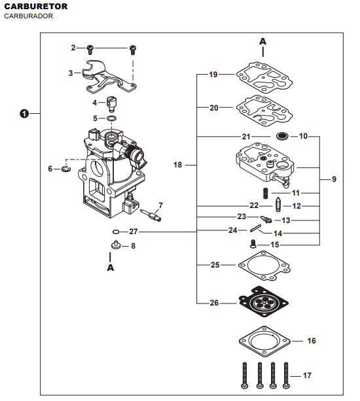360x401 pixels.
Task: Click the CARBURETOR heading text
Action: click(36, 7)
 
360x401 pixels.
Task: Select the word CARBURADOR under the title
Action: click(29, 16)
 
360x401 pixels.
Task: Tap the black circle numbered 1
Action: click(24, 114)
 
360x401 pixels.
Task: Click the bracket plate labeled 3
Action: click(109, 77)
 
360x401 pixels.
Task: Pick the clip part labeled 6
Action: click(66, 169)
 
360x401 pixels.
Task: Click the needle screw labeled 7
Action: click(151, 215)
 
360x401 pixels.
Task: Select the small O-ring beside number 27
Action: click(116, 232)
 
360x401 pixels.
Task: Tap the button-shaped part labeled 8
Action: click(116, 245)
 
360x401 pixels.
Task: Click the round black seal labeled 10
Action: click(283, 136)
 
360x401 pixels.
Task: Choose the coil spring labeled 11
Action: click(266, 193)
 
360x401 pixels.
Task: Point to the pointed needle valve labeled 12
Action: click(278, 205)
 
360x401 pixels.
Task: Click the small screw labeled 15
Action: click(253, 243)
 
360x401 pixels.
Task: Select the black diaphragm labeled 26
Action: click(264, 302)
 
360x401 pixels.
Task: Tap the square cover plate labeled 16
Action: click(264, 341)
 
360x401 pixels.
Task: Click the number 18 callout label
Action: click(177, 165)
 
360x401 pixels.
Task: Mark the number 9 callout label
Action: click(334, 179)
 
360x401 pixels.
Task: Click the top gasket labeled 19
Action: click(264, 78)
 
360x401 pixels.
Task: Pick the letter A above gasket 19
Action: click(262, 41)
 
